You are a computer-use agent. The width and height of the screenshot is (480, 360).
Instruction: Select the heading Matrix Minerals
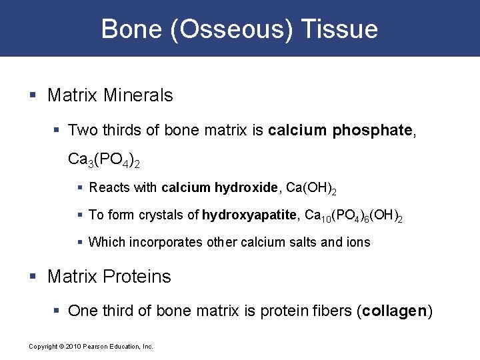(110, 95)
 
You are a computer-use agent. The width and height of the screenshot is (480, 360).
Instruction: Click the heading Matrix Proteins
(109, 277)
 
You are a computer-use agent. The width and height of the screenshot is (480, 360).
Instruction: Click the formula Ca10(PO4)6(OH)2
(353, 215)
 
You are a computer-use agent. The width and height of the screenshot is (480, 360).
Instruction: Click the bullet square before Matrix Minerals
(33, 96)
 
